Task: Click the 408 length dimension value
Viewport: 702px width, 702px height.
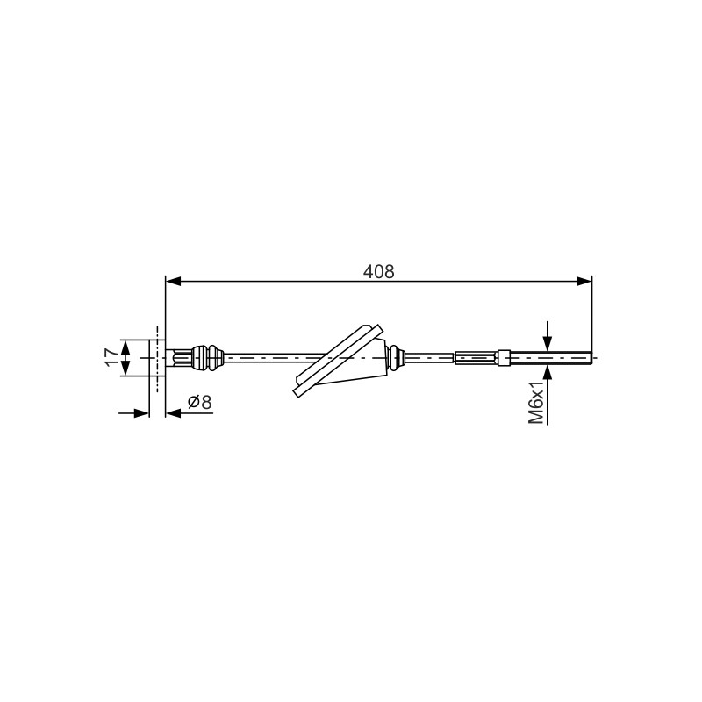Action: (379, 272)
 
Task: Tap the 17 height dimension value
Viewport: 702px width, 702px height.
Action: (112, 358)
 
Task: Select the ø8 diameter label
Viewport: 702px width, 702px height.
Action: (200, 402)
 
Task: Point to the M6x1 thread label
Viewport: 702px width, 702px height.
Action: (536, 402)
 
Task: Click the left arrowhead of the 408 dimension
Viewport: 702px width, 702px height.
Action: (173, 281)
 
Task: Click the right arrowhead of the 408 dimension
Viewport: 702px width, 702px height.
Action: (584, 281)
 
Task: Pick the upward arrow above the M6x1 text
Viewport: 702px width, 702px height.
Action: (547, 372)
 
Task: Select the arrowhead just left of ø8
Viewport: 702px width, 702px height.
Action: (173, 413)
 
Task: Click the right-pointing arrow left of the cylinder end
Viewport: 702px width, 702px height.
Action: (134, 413)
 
